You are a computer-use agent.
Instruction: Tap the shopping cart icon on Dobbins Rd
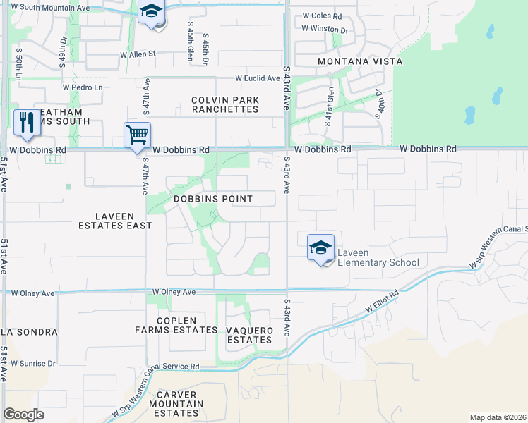tap(136, 135)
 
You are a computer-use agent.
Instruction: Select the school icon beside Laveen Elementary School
tap(320, 248)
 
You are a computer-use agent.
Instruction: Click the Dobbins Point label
tap(212, 199)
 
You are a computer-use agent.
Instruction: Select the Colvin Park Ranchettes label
tap(225, 104)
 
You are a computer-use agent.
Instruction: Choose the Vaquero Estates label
tap(248, 335)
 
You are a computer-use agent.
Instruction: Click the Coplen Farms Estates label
tap(176, 325)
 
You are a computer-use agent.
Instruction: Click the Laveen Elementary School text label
tap(378, 257)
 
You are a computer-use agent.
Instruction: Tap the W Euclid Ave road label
tap(258, 78)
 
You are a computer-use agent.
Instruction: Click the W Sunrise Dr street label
tap(32, 364)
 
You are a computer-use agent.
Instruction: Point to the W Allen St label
tap(137, 54)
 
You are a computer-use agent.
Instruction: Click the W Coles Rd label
tap(321, 16)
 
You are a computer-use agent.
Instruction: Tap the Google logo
tap(23, 415)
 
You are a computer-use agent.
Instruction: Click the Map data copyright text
tap(497, 417)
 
